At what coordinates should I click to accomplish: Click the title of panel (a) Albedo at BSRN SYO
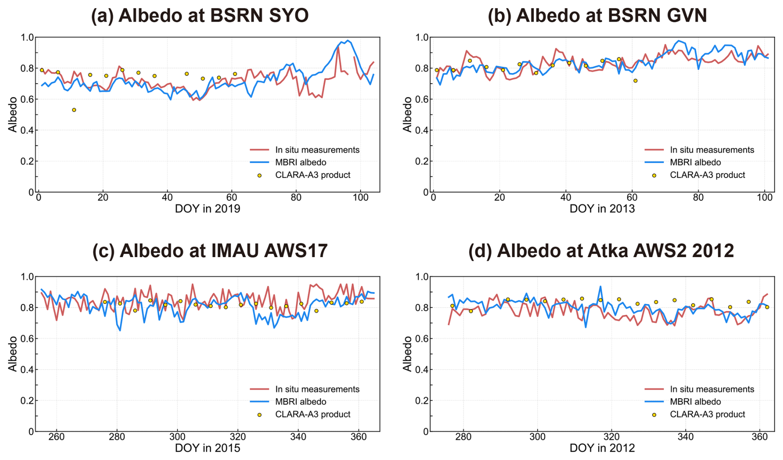pos(200,16)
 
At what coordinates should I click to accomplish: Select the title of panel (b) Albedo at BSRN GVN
pos(597,16)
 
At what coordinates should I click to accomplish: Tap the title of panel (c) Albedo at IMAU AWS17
pos(210,251)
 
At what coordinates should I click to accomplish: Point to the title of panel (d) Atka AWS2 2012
pos(601,251)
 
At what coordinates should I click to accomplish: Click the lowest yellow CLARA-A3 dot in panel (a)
pos(74,110)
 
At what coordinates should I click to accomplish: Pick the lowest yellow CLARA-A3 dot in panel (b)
pos(635,81)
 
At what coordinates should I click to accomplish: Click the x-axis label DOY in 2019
pos(207,209)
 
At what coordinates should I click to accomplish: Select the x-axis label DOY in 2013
pos(602,209)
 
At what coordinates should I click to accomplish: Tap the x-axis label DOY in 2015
pos(207,448)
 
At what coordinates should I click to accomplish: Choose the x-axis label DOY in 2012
pos(602,448)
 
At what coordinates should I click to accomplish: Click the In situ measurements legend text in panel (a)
pos(317,150)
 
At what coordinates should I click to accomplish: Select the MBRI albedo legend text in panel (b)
pos(695,162)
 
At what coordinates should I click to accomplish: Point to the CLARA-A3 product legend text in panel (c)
pos(312,414)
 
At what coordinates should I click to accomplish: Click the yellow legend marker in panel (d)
pos(654,414)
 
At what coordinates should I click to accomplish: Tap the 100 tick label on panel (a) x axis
pos(360,197)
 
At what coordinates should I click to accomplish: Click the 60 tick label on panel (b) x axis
pos(632,197)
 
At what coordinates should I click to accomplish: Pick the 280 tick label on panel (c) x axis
pos(117,437)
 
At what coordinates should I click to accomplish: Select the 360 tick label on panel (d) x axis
pos(759,437)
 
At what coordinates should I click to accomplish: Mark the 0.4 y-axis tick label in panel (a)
pos(27,130)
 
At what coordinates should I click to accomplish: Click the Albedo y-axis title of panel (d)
pos(408,354)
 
